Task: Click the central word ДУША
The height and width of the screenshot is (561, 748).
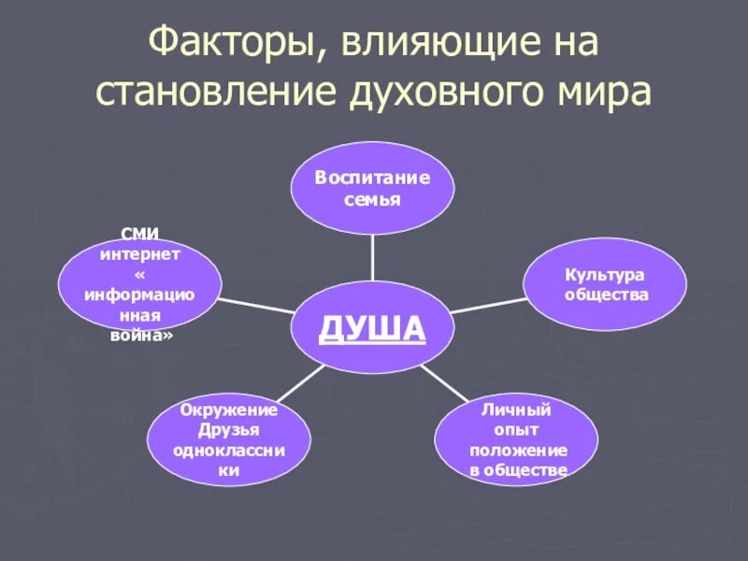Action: [372, 328]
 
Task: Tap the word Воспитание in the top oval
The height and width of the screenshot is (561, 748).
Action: [372, 178]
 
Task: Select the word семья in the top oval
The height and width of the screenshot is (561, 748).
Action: [372, 199]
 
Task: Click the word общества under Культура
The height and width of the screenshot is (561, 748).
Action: [605, 295]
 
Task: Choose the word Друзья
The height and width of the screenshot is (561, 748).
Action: [229, 430]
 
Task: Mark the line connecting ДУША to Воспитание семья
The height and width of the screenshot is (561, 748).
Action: [372, 257]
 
